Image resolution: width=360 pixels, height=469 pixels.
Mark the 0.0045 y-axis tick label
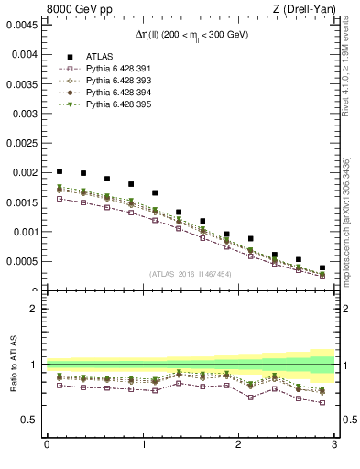[21, 25]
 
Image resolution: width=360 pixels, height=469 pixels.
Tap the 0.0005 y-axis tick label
[21, 262]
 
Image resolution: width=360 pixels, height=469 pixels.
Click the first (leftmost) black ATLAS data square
[60, 171]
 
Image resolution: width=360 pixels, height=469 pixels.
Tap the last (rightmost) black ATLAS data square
[322, 268]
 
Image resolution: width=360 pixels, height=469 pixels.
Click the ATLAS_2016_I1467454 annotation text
[191, 273]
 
